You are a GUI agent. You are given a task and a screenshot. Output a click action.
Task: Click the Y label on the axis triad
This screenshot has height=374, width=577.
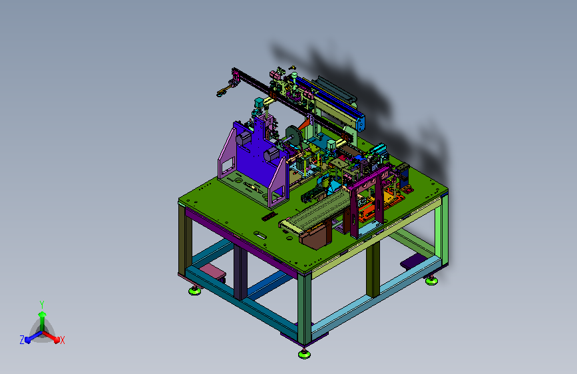42,304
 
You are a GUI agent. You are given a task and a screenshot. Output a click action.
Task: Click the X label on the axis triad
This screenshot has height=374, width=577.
62,340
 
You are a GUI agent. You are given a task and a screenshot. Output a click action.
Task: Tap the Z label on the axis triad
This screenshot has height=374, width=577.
22,340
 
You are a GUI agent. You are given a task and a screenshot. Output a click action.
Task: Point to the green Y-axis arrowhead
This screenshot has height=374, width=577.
42,314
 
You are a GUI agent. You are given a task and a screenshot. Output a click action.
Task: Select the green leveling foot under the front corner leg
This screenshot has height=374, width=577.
304,354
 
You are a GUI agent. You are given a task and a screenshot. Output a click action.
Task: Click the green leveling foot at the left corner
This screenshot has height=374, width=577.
195,291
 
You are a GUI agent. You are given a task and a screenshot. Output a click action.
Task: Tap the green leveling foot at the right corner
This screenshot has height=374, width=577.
431,281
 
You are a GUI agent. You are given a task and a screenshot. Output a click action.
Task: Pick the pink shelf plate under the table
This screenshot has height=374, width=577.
212,271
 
